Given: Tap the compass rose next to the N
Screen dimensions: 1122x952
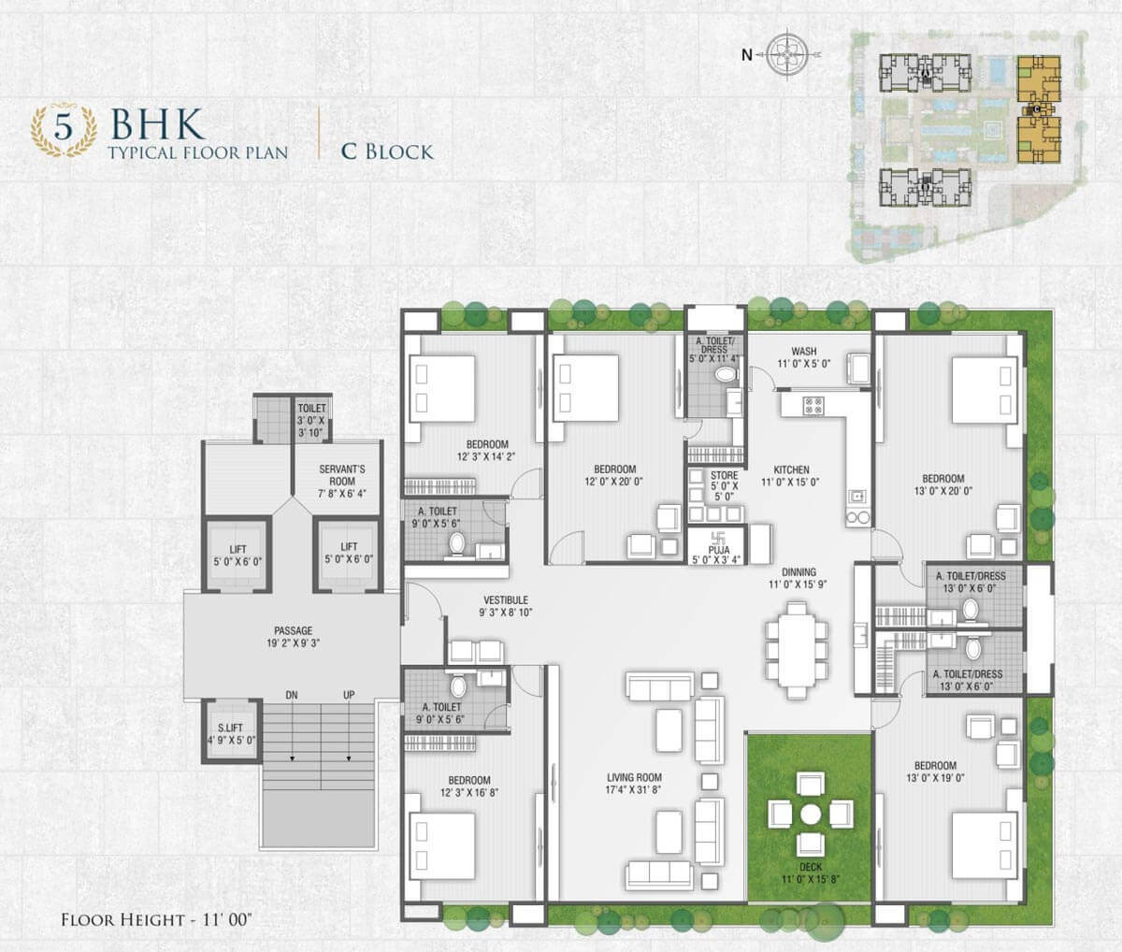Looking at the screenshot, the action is (787, 54).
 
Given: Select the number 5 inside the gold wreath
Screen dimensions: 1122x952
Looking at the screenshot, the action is (64, 127).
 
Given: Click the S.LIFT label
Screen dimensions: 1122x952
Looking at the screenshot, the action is (230, 728).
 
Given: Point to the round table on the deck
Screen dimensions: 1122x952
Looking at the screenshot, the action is (811, 815).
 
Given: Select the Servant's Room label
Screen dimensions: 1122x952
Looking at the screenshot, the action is (342, 475).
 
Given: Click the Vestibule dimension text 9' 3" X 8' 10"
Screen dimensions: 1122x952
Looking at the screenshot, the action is (505, 612).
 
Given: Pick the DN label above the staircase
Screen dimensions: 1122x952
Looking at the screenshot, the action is (292, 695).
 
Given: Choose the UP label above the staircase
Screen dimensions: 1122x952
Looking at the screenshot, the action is (349, 695).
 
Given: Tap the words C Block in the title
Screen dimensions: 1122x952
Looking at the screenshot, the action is (387, 151).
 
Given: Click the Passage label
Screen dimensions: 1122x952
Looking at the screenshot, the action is (293, 630).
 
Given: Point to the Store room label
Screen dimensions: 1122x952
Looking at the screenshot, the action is (724, 475).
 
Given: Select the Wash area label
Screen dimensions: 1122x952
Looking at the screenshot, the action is (803, 352).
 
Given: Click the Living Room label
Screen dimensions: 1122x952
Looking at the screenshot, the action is (634, 777).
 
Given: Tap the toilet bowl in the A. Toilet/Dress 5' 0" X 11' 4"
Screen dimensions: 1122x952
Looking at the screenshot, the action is (724, 374).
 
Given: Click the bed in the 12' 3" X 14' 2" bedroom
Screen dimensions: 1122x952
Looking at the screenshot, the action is (441, 388).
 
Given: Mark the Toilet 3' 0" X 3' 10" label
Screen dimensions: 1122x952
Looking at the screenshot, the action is (311, 408).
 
